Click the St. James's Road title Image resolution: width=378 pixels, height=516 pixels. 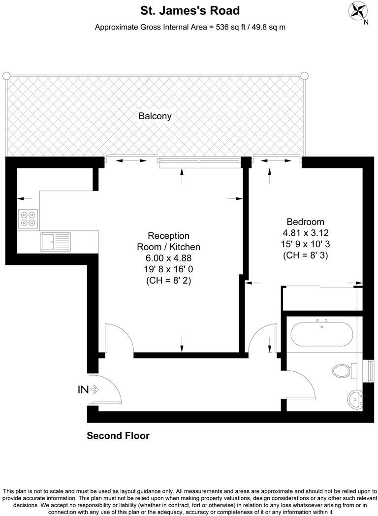point(189,10)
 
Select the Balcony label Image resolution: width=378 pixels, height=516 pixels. point(155,117)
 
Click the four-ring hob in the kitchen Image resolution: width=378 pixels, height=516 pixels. point(28,219)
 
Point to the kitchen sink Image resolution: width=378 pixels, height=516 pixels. point(55,242)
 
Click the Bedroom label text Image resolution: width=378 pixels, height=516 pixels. point(305,222)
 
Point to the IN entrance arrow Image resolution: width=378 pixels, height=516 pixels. point(89,390)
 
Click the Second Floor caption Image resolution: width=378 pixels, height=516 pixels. point(118,436)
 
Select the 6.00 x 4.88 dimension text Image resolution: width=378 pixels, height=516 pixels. point(168,258)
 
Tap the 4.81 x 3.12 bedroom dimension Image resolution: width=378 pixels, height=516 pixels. point(305,233)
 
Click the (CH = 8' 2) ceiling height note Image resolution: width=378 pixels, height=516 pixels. point(168,281)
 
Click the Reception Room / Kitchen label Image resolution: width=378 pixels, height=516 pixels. point(168,241)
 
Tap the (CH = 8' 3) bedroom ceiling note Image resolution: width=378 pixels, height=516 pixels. point(305,256)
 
